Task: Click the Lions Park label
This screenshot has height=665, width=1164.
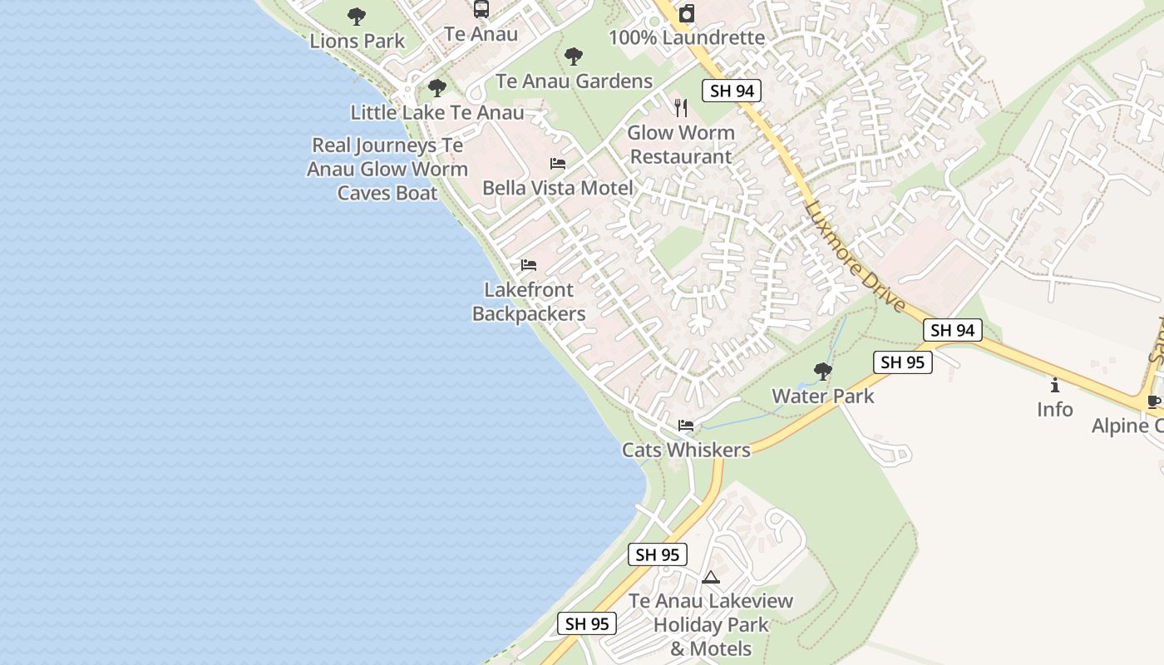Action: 358,41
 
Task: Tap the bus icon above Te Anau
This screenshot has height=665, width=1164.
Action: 481,9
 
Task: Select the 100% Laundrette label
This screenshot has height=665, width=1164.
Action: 687,37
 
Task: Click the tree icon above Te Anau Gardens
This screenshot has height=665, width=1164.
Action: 573,57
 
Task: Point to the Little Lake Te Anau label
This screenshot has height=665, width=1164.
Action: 437,112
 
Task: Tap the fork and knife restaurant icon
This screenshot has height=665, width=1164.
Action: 681,107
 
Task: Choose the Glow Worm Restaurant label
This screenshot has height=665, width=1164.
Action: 680,145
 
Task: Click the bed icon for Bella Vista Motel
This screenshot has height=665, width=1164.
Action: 558,164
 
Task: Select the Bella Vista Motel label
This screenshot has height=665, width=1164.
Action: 558,188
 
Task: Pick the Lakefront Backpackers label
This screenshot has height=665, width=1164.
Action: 529,302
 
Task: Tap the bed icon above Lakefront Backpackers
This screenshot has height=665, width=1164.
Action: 529,265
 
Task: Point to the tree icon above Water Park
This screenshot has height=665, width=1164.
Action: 823,371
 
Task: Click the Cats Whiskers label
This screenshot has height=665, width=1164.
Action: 686,450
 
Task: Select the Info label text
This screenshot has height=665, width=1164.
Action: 1054,409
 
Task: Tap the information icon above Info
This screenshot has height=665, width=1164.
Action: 1055,385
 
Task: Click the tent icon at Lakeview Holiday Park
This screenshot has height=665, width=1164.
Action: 710,577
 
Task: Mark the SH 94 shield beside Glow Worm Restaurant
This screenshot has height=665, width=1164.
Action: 732,91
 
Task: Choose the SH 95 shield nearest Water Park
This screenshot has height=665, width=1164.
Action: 902,362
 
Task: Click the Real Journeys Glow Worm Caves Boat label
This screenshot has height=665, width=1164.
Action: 387,170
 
